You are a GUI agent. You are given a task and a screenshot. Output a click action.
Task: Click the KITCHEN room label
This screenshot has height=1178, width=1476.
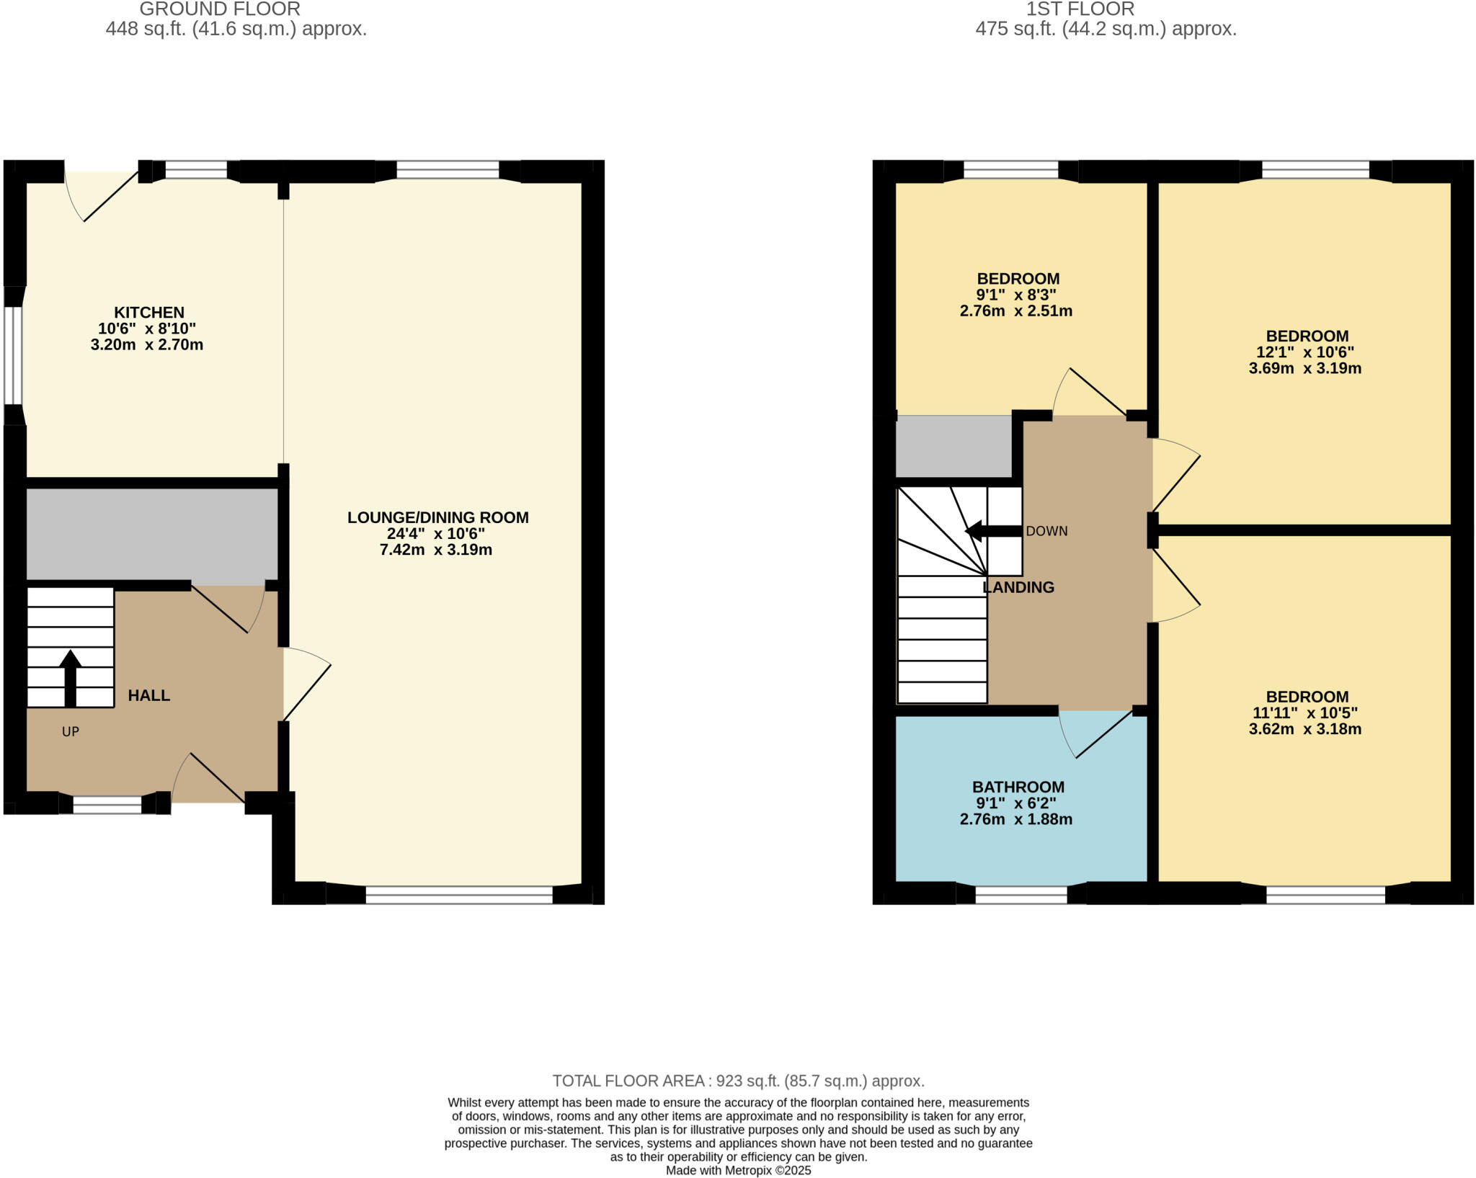click(149, 313)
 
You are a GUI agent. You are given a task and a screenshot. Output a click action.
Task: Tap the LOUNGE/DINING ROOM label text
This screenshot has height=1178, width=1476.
click(437, 517)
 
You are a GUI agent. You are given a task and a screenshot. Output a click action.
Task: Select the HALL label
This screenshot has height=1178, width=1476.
click(149, 695)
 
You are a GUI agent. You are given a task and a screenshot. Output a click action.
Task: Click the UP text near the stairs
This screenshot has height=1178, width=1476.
click(70, 732)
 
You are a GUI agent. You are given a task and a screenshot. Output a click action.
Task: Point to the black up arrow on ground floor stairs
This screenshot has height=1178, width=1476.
click(70, 677)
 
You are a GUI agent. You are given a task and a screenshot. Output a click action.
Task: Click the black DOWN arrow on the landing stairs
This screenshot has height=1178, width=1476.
click(992, 532)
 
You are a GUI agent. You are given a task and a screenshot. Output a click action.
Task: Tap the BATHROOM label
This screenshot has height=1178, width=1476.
click(1018, 787)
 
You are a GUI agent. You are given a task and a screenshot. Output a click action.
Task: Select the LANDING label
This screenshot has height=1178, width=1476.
click(1018, 587)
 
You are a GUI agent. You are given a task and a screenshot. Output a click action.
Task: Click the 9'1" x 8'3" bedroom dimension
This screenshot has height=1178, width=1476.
click(1015, 295)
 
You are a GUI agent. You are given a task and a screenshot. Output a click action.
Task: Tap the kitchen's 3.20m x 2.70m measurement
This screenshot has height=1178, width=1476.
click(147, 345)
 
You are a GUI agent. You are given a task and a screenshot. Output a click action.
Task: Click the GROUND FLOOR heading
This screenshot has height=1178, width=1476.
click(220, 9)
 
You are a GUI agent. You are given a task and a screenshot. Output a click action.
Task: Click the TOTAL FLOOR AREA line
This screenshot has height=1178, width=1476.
click(738, 1081)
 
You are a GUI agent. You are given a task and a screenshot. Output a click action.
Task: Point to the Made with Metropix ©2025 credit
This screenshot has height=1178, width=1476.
click(738, 1171)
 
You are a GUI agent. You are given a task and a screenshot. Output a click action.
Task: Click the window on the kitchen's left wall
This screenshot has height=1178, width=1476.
click(14, 356)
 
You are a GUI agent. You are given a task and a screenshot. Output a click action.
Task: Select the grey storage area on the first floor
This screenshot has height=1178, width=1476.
click(953, 447)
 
